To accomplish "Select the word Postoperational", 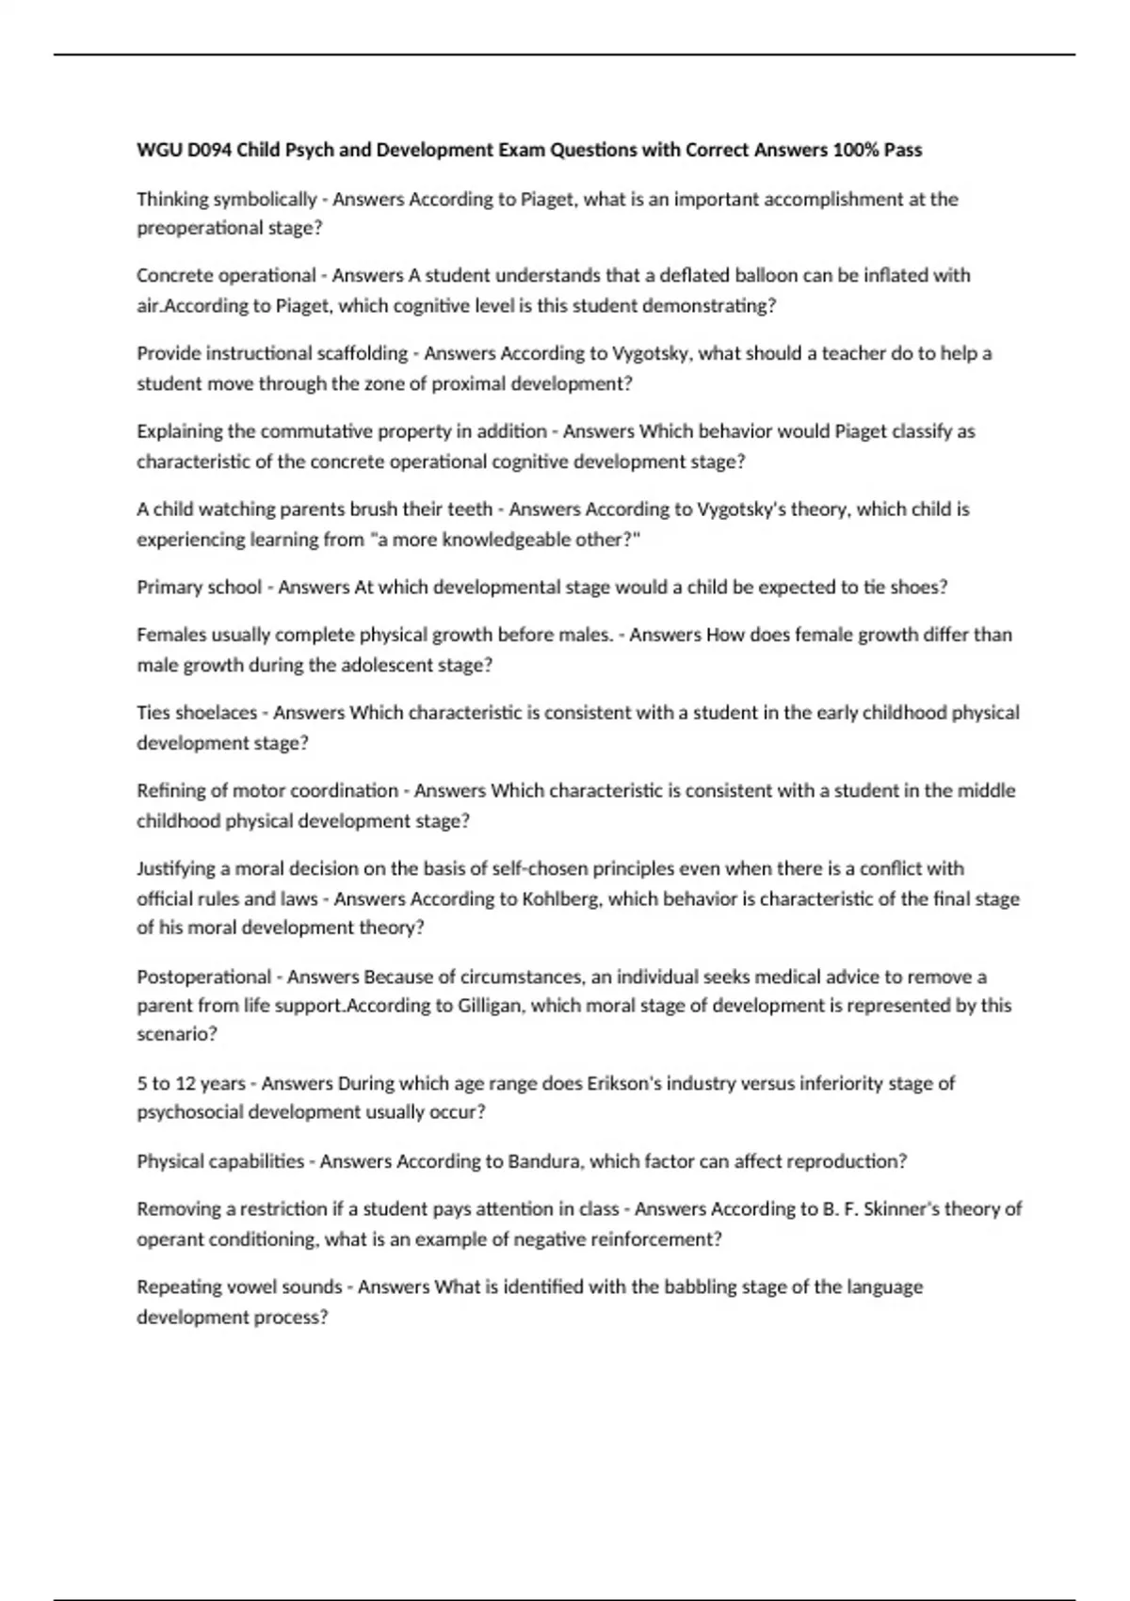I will point(203,977).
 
